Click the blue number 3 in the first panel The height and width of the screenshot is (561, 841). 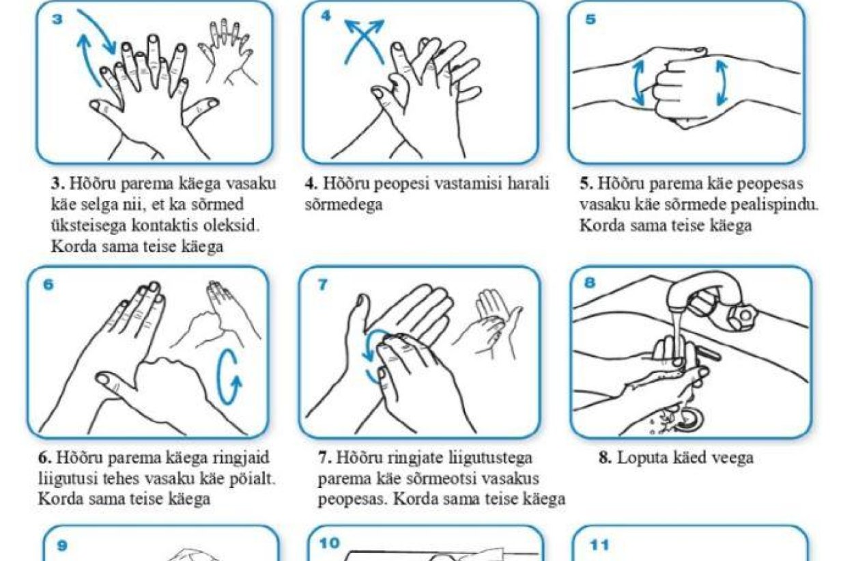[57, 18]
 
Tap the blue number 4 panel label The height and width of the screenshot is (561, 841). [326, 16]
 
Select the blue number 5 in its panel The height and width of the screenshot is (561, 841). [590, 19]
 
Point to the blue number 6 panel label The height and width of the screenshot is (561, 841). [49, 284]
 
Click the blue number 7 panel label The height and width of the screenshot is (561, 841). [322, 285]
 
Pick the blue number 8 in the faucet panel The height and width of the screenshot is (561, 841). [590, 282]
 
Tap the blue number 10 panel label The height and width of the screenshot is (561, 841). [329, 543]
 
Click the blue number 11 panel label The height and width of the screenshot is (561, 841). [599, 545]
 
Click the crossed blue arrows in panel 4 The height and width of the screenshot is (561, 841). [365, 41]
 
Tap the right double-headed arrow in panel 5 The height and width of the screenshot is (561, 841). [722, 83]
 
